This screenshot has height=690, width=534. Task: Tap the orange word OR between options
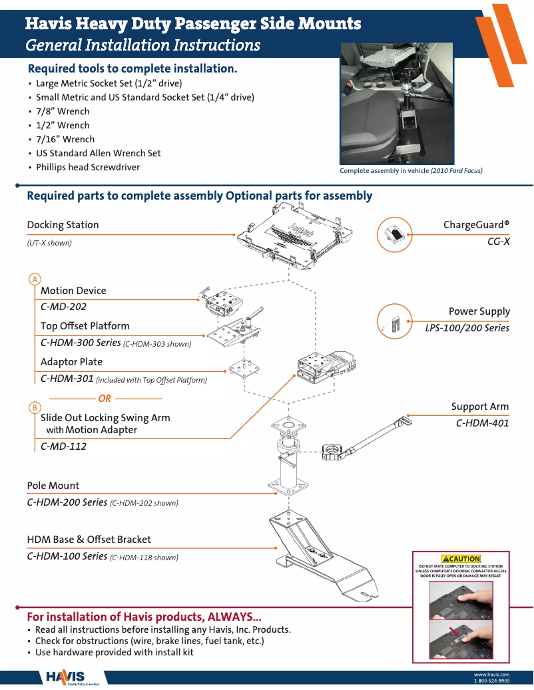tap(105, 399)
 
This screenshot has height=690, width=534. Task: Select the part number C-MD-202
tap(63, 307)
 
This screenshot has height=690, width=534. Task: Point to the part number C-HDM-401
tap(482, 423)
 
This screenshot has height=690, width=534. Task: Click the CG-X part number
tap(498, 241)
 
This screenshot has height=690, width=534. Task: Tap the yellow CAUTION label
tap(461, 559)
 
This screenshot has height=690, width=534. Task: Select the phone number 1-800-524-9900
tap(491, 681)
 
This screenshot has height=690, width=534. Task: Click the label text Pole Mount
tap(53, 486)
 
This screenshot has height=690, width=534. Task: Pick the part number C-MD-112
tap(63, 446)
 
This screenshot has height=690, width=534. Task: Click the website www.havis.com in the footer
tap(491, 675)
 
